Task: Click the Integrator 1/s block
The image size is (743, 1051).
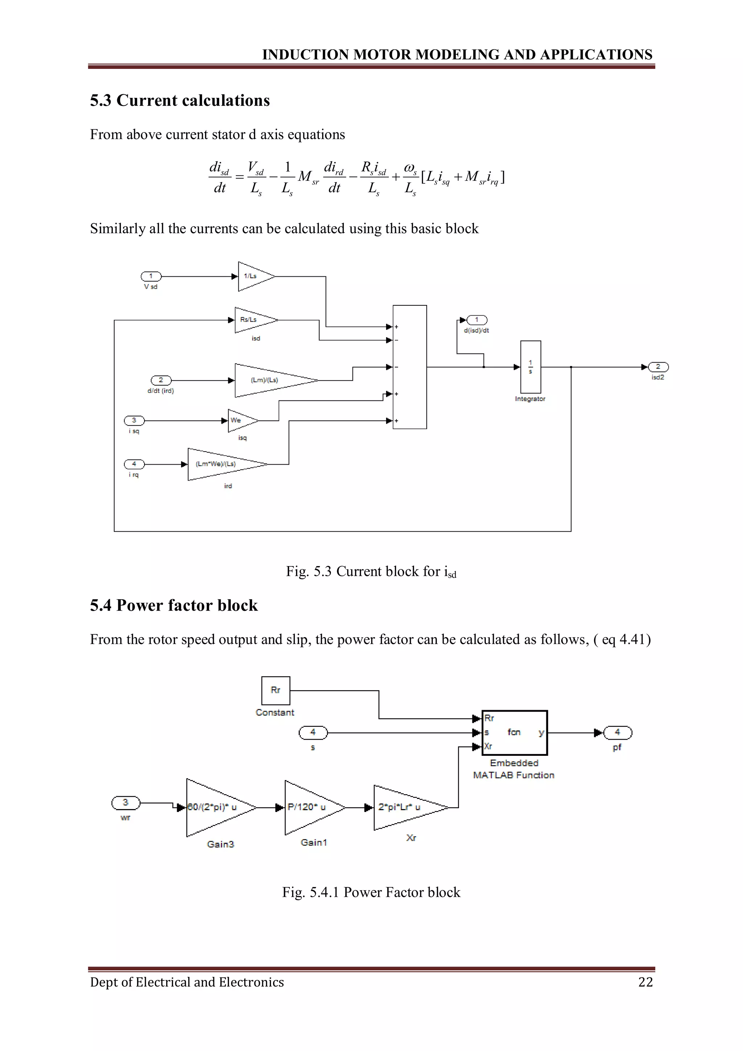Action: coord(530,367)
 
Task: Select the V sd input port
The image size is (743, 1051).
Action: coord(151,276)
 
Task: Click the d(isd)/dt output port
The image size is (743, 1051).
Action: coord(477,320)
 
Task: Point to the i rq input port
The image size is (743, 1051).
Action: coord(134,464)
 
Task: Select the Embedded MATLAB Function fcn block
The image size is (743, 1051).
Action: coord(514,733)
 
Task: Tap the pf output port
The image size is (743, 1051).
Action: coord(617,733)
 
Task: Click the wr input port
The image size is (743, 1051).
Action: coord(126,803)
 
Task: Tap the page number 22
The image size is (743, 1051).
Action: coord(645,982)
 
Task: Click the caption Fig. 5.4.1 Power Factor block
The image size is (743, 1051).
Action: coord(371,892)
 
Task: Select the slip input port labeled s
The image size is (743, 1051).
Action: coord(313,733)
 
